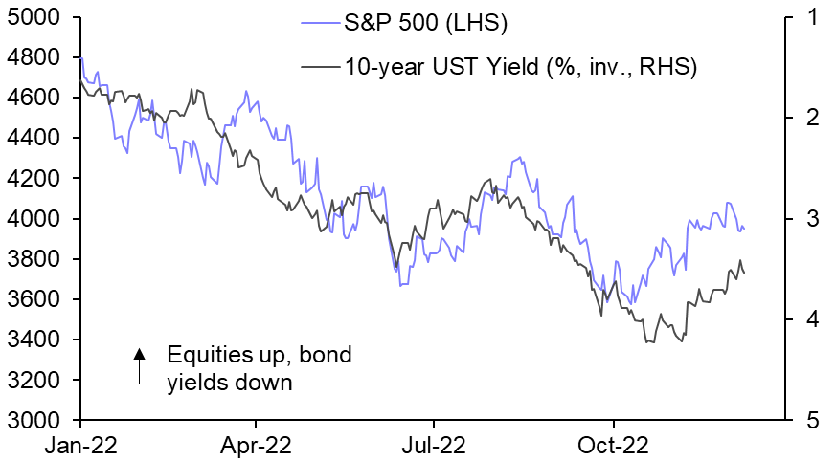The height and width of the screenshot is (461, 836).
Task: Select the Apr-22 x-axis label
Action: pos(256,445)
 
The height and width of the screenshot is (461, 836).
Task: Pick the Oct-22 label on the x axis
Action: pos(612,445)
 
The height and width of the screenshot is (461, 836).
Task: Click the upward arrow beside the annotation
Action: pos(140,366)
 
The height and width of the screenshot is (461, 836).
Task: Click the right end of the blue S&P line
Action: pos(744,228)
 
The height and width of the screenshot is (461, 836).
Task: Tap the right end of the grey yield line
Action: pos(744,273)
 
